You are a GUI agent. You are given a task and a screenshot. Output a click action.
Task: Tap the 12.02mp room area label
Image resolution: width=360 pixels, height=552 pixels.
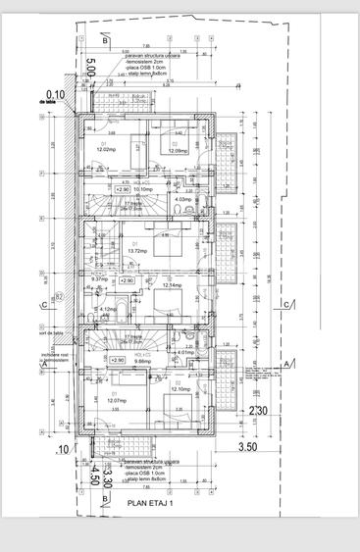(x=106, y=150)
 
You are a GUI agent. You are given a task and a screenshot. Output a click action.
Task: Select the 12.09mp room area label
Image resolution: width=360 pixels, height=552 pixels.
(x=178, y=151)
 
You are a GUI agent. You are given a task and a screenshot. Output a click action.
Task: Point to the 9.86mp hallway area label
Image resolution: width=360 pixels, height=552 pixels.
(x=142, y=361)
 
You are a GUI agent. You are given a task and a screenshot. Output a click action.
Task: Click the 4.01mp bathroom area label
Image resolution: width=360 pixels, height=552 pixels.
(x=186, y=352)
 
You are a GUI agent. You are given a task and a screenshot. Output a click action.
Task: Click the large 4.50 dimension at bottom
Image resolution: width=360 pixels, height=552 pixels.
(x=94, y=476)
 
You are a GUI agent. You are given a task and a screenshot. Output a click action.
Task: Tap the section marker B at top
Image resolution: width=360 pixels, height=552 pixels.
(x=105, y=41)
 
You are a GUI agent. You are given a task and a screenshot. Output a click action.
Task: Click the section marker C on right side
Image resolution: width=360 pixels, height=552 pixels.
(x=285, y=306)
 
